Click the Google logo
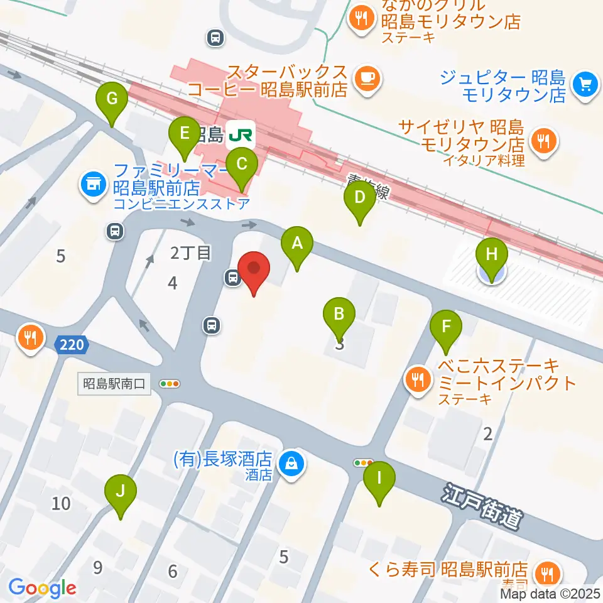pos(42,588)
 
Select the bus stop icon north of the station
pos(215,38)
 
